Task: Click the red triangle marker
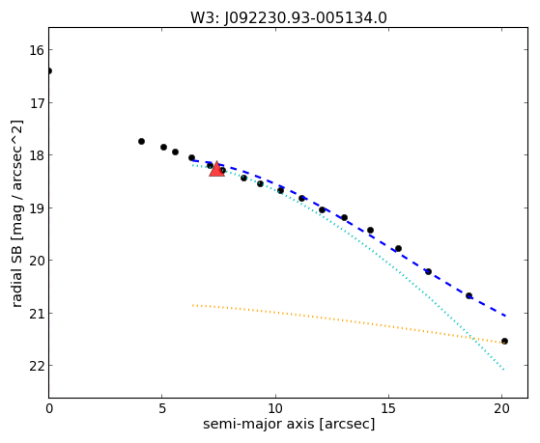click(x=216, y=169)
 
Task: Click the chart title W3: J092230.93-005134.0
click(x=289, y=18)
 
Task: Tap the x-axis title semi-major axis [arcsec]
click(x=289, y=424)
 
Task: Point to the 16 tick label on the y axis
click(x=37, y=50)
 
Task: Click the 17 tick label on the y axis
click(x=37, y=103)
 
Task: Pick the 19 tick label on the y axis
click(x=37, y=208)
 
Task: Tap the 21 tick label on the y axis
click(x=37, y=314)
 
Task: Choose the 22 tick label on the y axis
click(x=37, y=366)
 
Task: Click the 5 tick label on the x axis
click(x=162, y=408)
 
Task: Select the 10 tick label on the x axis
click(x=275, y=408)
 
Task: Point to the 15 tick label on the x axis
click(x=388, y=408)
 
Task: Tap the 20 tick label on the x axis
click(x=501, y=408)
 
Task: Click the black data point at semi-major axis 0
click(x=49, y=70)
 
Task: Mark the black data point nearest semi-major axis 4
click(x=141, y=141)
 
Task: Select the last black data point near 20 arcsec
click(x=504, y=341)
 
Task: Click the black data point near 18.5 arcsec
click(x=469, y=295)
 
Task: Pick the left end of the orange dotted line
click(x=193, y=305)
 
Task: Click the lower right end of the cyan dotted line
click(x=504, y=370)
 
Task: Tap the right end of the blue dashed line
click(x=505, y=316)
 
